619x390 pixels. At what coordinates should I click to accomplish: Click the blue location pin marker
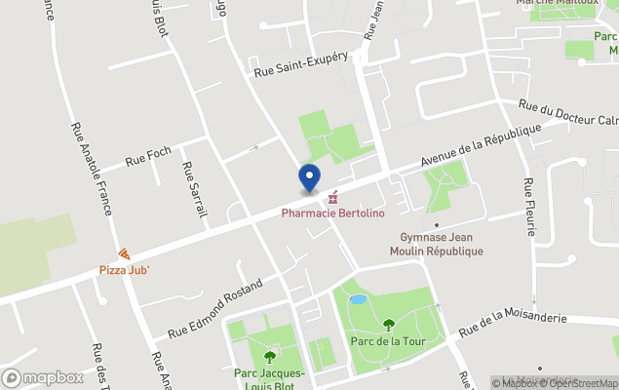pos(308,177)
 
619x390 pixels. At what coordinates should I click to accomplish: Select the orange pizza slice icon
pos(123,253)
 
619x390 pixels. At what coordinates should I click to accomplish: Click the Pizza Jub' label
pos(123,269)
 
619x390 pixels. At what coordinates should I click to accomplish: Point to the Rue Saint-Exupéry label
pos(301,64)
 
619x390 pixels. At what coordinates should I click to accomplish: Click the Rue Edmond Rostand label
pos(215,308)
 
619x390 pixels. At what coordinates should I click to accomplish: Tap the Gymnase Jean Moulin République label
pos(442,245)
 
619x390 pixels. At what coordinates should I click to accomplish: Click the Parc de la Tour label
pos(388,341)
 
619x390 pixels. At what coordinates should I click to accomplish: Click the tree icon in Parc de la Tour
pos(388,325)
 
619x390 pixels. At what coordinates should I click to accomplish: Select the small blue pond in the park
pos(358,298)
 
